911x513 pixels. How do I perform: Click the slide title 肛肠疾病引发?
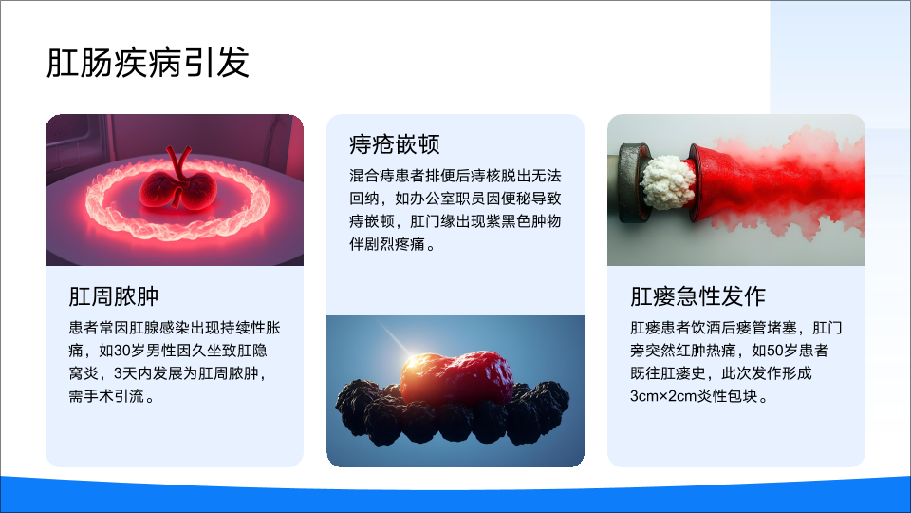click(x=148, y=63)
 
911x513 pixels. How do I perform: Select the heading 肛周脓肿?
click(x=114, y=296)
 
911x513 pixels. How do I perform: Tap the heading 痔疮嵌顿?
click(x=395, y=144)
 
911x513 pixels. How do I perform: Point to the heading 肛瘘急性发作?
click(x=697, y=296)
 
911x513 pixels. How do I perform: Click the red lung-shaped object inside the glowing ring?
click(x=178, y=187)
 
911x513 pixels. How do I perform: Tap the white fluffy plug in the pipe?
click(x=668, y=181)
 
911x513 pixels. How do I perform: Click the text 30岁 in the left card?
click(x=130, y=351)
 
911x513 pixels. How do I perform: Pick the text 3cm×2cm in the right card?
click(x=663, y=396)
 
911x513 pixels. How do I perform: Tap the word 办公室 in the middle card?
click(x=433, y=199)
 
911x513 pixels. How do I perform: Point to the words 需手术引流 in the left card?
click(x=106, y=396)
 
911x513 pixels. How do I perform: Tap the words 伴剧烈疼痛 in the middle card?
click(x=387, y=244)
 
